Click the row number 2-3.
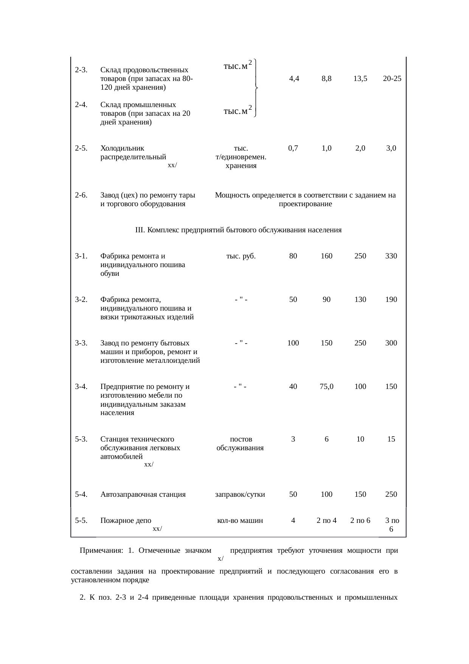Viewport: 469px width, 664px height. [81, 70]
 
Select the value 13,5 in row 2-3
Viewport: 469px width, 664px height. [360, 79]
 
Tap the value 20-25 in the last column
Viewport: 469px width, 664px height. [391, 79]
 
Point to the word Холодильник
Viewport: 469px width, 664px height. [122, 148]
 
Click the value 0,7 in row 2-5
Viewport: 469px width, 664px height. [293, 148]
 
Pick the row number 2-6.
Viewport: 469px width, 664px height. [81, 195]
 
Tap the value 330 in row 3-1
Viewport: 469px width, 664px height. [391, 256]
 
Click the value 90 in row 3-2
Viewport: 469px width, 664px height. [326, 300]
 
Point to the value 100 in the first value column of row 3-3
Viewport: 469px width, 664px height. [293, 343]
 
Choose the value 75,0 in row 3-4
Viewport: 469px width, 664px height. [326, 387]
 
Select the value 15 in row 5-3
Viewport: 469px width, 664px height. [391, 439]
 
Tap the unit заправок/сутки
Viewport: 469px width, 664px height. [240, 494]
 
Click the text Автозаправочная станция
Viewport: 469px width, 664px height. [143, 494]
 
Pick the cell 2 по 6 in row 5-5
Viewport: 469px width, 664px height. [360, 521]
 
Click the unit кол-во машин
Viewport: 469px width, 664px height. [240, 521]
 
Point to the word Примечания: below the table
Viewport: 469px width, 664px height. [101, 550]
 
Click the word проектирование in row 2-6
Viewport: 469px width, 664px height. [305, 204]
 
